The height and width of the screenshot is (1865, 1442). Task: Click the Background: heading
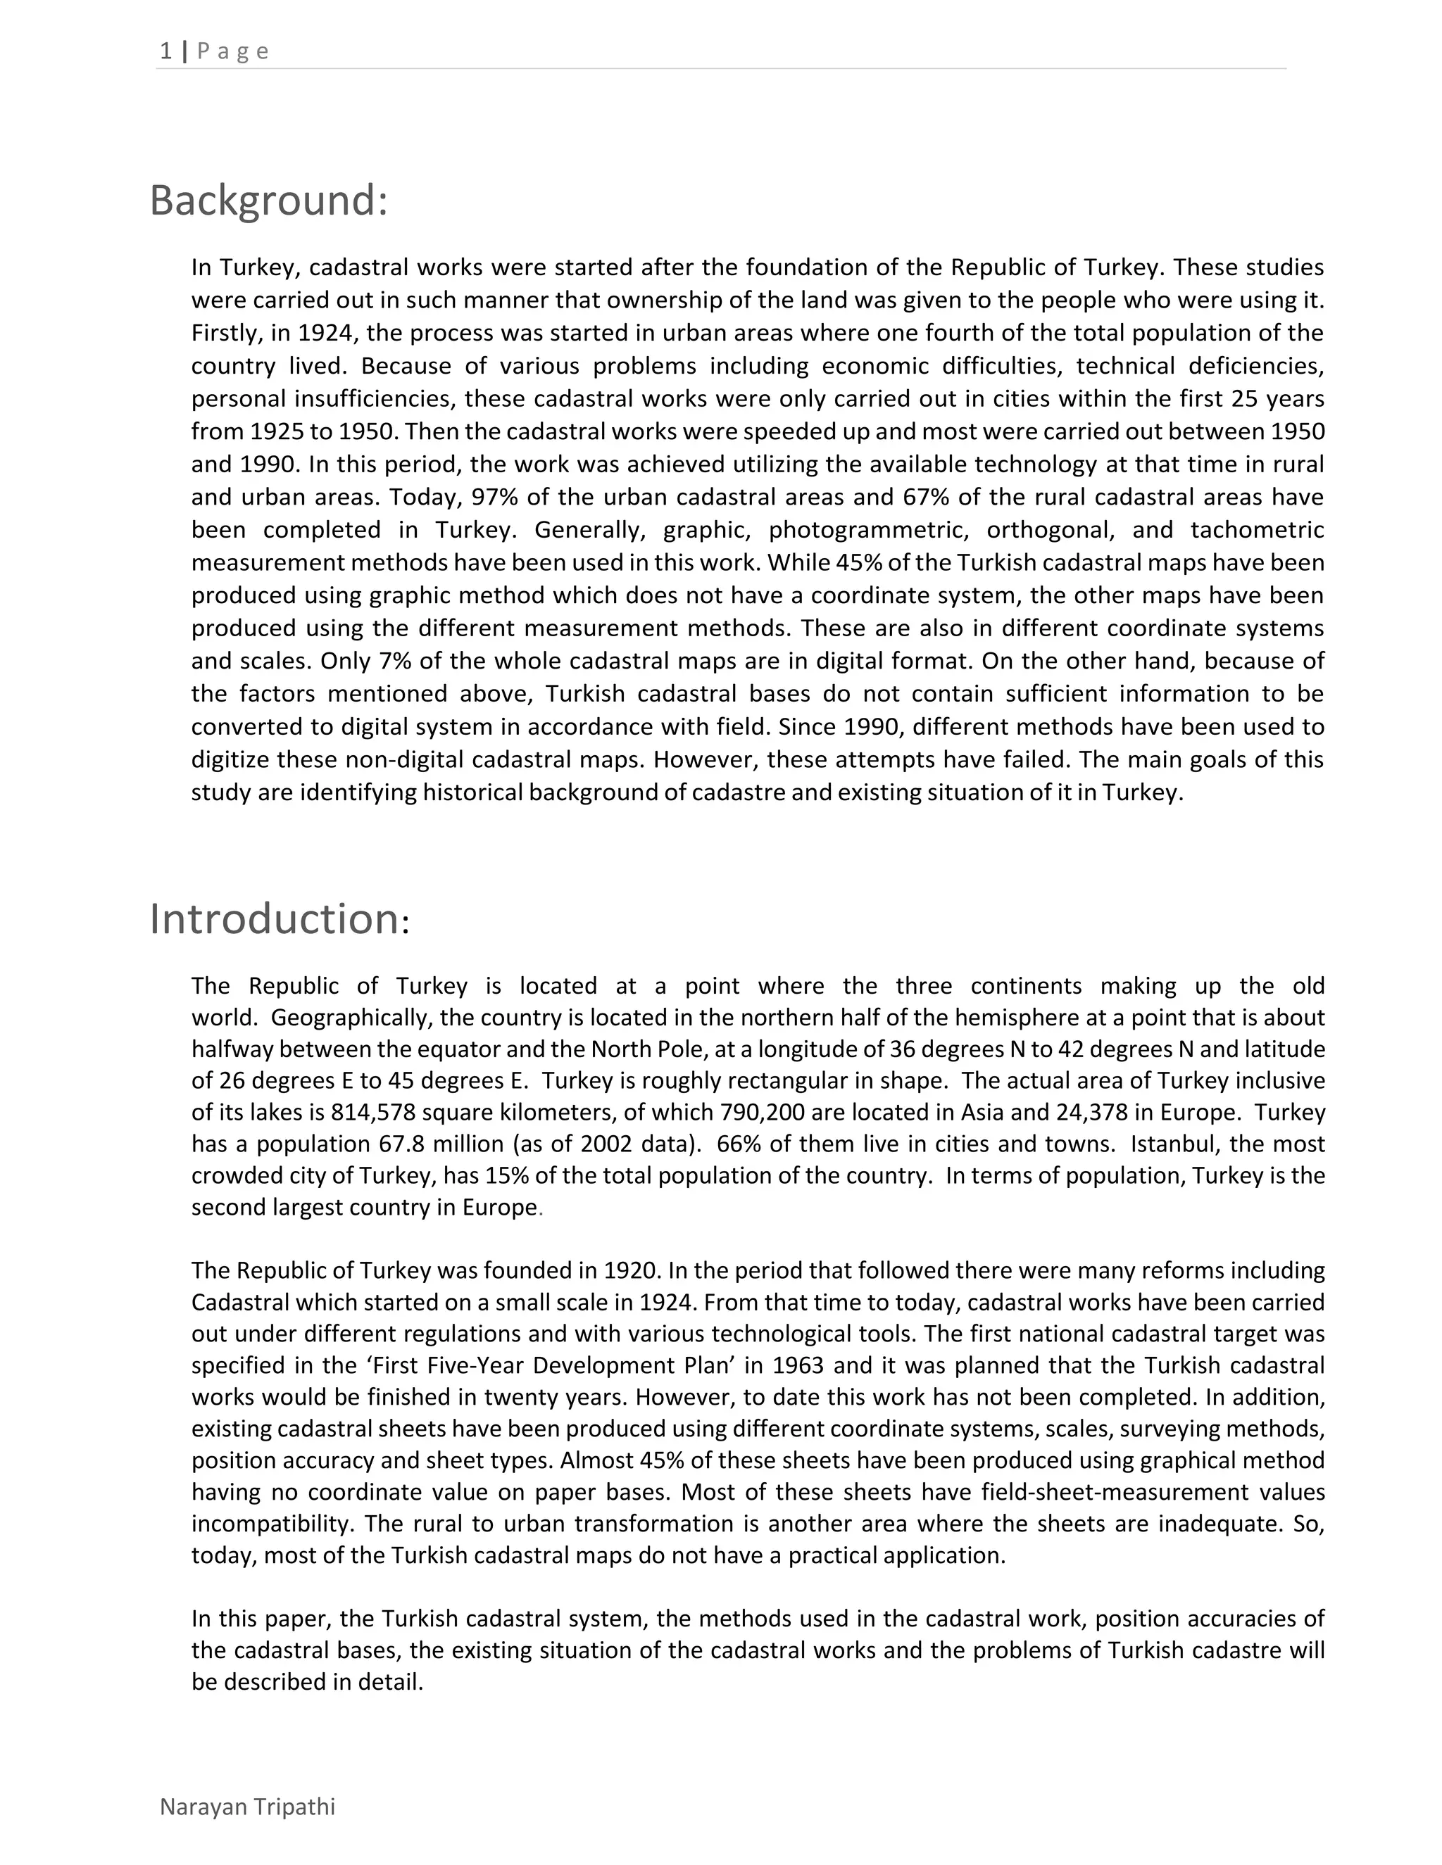[x=268, y=201]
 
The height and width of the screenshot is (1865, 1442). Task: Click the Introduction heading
[x=279, y=920]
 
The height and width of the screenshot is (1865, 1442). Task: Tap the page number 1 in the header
[x=165, y=51]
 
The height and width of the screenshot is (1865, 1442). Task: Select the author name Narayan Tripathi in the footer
[x=247, y=1807]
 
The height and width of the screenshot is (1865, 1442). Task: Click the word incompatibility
[x=265, y=1524]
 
